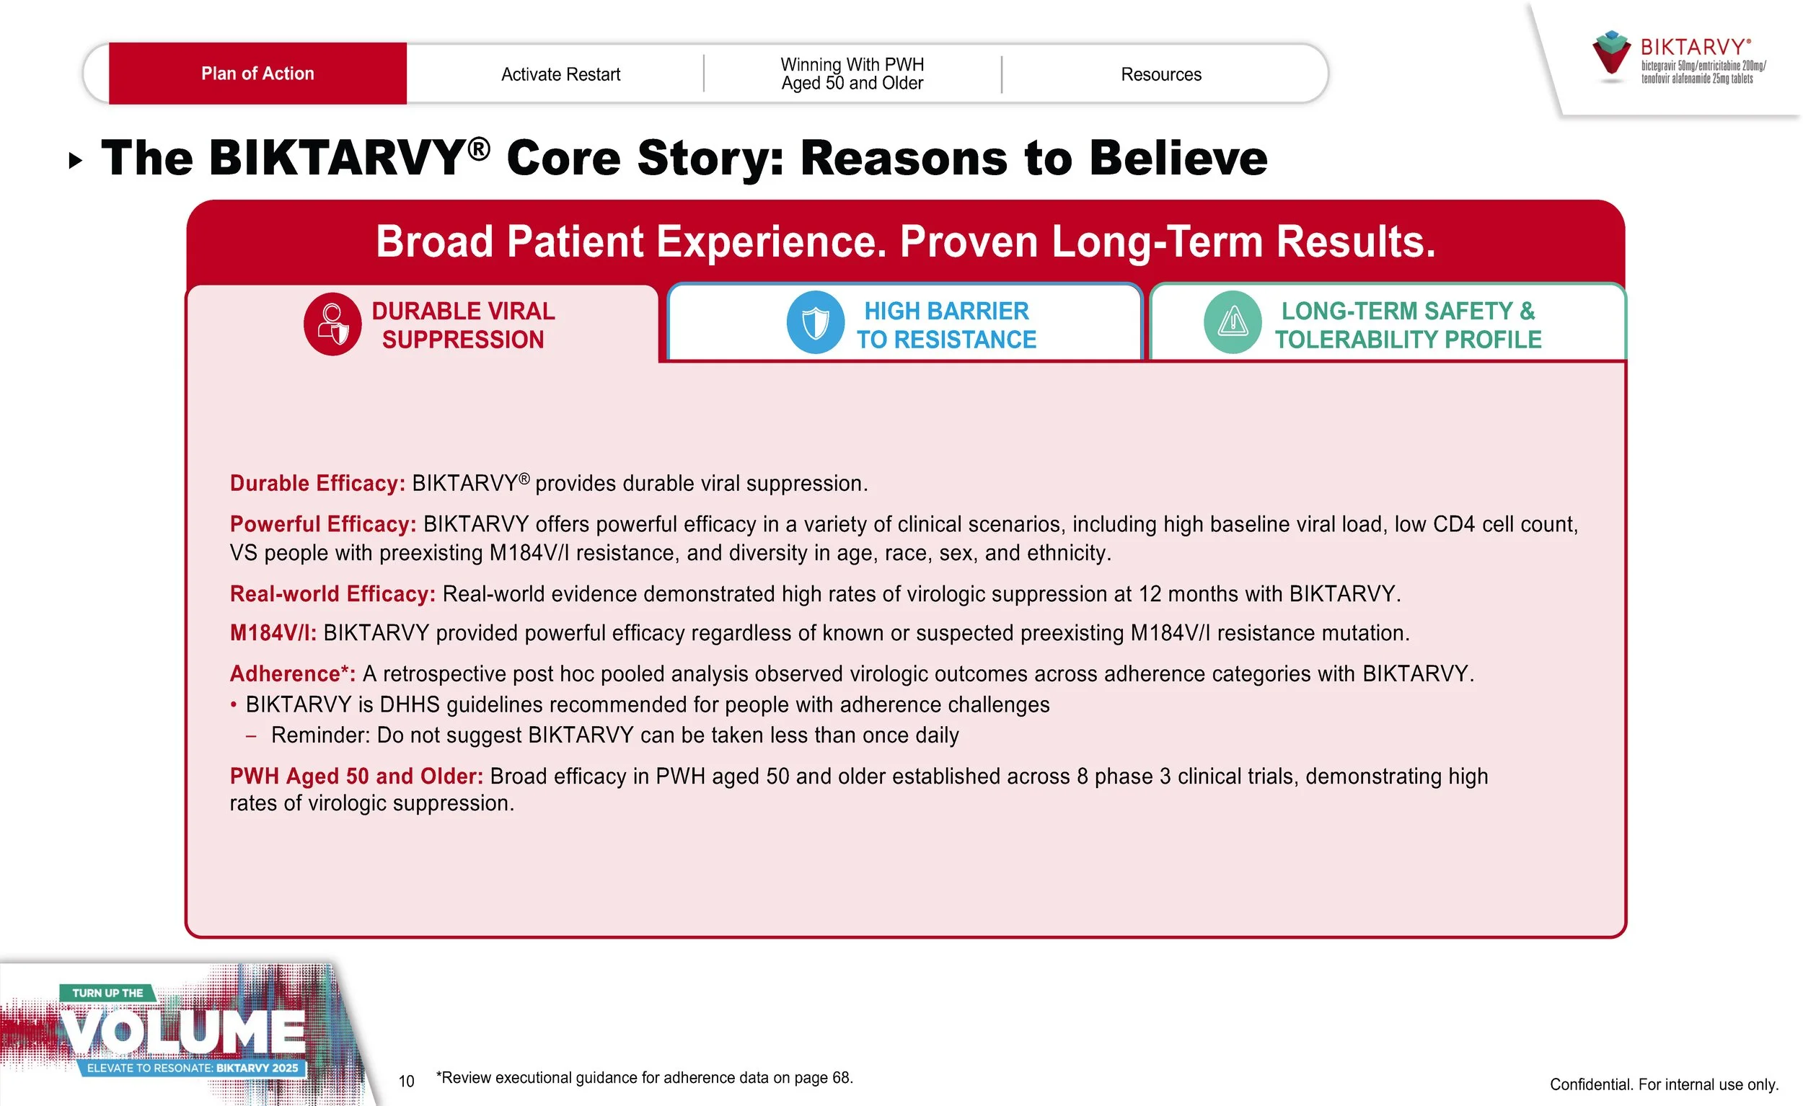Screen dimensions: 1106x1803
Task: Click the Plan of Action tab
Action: pos(257,74)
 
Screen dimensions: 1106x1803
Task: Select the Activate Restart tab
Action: pos(560,74)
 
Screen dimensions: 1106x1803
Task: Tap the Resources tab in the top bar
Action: pos(1160,74)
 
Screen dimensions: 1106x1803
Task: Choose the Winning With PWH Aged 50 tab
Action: pos(852,74)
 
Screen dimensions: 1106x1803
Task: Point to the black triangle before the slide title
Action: pos(74,160)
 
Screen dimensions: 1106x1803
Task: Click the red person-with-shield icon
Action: pos(333,324)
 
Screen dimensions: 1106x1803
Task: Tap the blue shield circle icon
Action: pos(815,322)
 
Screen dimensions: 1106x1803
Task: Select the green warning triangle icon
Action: pos(1233,322)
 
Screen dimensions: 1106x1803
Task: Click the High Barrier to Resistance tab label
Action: pos(946,325)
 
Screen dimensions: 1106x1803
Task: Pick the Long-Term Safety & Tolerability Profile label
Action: pos(1407,325)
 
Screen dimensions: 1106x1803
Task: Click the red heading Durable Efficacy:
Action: pos(317,484)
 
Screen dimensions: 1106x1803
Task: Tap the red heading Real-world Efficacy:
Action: pos(332,594)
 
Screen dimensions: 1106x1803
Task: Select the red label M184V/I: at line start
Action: pos(273,634)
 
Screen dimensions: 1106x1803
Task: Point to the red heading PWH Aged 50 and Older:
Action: pos(356,776)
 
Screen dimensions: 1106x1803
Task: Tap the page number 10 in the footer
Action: pos(406,1081)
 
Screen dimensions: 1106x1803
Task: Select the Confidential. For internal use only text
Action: pos(1663,1084)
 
